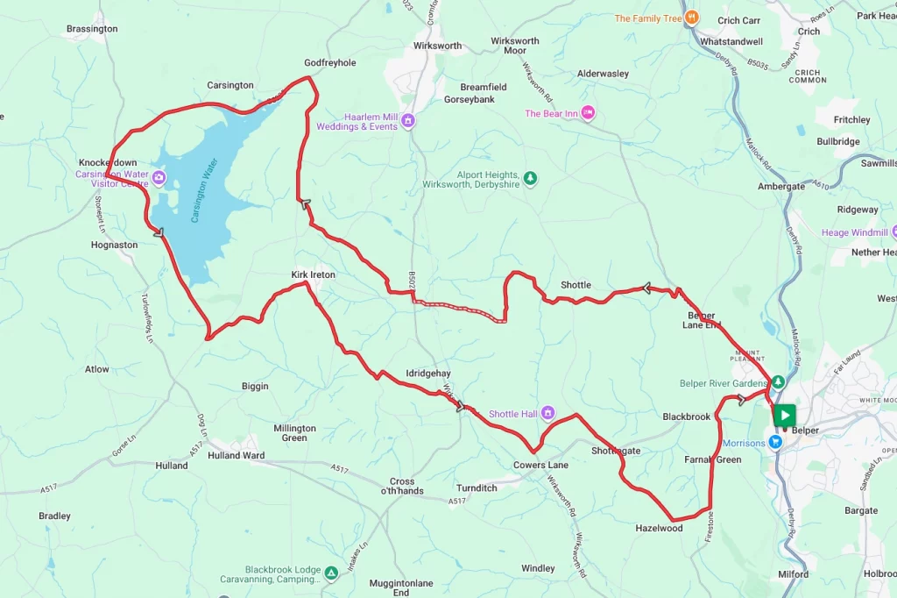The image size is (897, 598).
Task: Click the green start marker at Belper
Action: [x=784, y=415]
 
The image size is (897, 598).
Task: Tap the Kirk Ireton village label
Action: [x=314, y=274]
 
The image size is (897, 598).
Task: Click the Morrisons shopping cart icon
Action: [x=775, y=443]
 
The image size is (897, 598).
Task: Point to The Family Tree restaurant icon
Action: [x=691, y=18]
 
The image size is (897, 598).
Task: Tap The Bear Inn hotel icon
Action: [x=589, y=113]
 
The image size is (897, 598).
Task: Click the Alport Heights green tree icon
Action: [x=530, y=180]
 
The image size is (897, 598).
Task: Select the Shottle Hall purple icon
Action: [x=548, y=414]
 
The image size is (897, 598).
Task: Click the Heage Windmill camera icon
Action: [x=894, y=232]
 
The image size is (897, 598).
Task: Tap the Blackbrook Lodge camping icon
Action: [x=331, y=573]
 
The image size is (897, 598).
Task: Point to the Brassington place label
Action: [x=92, y=29]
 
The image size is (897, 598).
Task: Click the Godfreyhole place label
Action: [x=329, y=63]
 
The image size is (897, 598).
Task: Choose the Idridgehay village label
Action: [x=427, y=374]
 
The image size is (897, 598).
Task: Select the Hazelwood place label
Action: [x=659, y=529]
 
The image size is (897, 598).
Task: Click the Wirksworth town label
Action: [x=438, y=46]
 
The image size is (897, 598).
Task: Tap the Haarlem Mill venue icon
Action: [x=408, y=121]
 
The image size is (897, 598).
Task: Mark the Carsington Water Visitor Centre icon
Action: [x=159, y=179]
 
